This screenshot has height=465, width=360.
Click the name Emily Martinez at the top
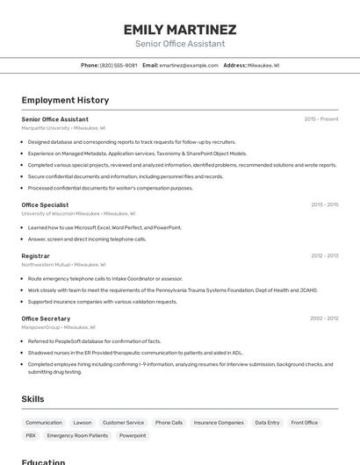point(180,29)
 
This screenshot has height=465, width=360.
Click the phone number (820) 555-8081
point(119,65)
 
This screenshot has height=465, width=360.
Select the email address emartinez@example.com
point(189,65)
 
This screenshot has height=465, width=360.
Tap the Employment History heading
point(65,100)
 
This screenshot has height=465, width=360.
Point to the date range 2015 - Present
point(320,119)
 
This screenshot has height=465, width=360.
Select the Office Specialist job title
point(45,204)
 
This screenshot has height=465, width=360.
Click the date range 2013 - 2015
point(324,204)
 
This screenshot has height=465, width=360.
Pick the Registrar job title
point(36,256)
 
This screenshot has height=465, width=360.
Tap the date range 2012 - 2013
point(324,256)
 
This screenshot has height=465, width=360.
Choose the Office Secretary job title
point(46,318)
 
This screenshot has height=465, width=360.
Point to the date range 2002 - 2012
point(324,318)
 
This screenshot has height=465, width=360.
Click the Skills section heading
point(32,399)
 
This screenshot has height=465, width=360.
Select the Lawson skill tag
point(83,423)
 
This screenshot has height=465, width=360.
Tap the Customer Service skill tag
point(123,423)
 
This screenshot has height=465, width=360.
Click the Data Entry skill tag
point(267,423)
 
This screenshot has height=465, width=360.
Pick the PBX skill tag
point(31,435)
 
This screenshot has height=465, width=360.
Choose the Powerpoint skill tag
point(133,435)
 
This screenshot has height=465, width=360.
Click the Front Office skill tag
point(305,423)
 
